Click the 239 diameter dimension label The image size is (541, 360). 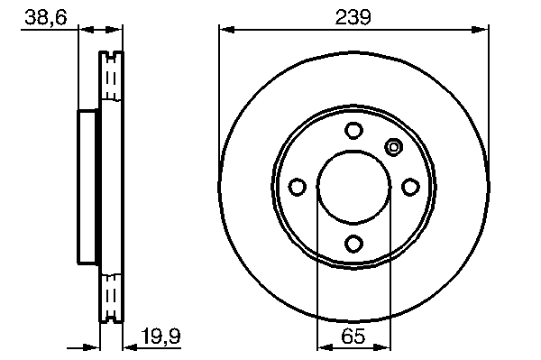353,17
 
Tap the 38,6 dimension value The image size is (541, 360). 46,17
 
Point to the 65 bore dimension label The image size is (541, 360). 353,336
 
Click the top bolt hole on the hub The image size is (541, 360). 353,131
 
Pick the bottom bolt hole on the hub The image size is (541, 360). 353,244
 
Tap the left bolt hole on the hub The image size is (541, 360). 297,187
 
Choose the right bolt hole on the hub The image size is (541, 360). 410,187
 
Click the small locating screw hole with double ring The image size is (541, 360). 393,147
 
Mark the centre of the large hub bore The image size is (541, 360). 353,187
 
